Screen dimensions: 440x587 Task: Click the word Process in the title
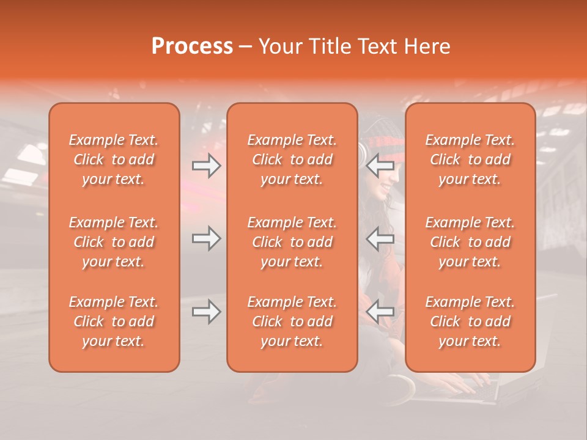tap(192, 46)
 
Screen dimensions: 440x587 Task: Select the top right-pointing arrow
tap(207, 166)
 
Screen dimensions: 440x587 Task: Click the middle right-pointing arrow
tap(207, 238)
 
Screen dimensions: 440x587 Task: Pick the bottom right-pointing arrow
tap(207, 312)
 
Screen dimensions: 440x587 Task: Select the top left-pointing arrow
tap(381, 166)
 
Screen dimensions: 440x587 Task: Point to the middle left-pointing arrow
tap(381, 238)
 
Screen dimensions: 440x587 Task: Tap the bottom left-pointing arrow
tap(381, 312)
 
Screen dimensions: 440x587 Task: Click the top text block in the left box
tap(114, 159)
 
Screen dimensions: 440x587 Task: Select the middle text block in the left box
tap(114, 242)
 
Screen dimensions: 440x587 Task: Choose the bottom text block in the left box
tap(114, 321)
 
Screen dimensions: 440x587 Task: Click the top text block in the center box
tap(292, 159)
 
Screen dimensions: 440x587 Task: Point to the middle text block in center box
tap(292, 242)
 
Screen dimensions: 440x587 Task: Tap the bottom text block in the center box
tap(292, 321)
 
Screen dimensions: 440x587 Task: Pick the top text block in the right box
tap(470, 159)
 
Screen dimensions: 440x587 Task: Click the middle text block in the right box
tap(470, 242)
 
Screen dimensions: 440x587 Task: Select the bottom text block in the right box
tap(470, 321)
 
